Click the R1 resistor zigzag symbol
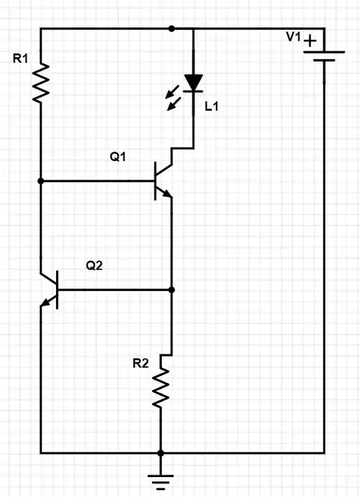pyautogui.click(x=41, y=82)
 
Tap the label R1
pyautogui.click(x=21, y=59)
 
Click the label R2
pyautogui.click(x=141, y=363)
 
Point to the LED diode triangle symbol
pyautogui.click(x=193, y=82)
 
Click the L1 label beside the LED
pyautogui.click(x=211, y=106)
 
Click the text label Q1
pyautogui.click(x=119, y=157)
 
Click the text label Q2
pyautogui.click(x=95, y=266)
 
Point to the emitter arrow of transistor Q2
pyautogui.click(x=46, y=303)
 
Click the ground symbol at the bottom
pyautogui.click(x=161, y=479)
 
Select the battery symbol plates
pyautogui.click(x=324, y=55)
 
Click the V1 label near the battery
pyautogui.click(x=295, y=37)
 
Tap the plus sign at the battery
pyautogui.click(x=310, y=43)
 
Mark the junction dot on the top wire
pyautogui.click(x=171, y=29)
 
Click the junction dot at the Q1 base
pyautogui.click(x=41, y=181)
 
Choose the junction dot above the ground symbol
pyautogui.click(x=161, y=453)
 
